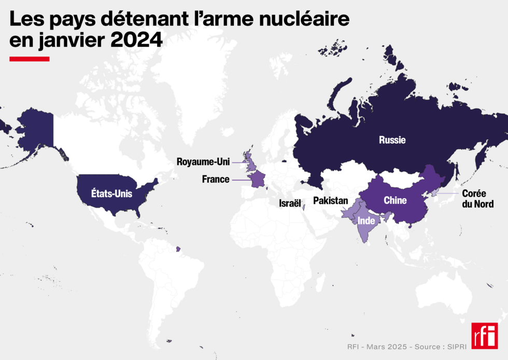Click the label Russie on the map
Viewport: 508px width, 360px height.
(x=392, y=140)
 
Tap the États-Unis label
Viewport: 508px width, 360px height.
(x=111, y=194)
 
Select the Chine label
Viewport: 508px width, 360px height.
(x=395, y=200)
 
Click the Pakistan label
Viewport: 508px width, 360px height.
(x=331, y=201)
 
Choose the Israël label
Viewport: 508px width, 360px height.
(x=290, y=203)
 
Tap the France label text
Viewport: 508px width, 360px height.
(x=216, y=179)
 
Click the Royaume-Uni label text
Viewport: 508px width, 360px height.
(x=203, y=162)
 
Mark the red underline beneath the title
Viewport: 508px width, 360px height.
(x=30, y=59)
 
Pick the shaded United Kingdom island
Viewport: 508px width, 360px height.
(x=250, y=162)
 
